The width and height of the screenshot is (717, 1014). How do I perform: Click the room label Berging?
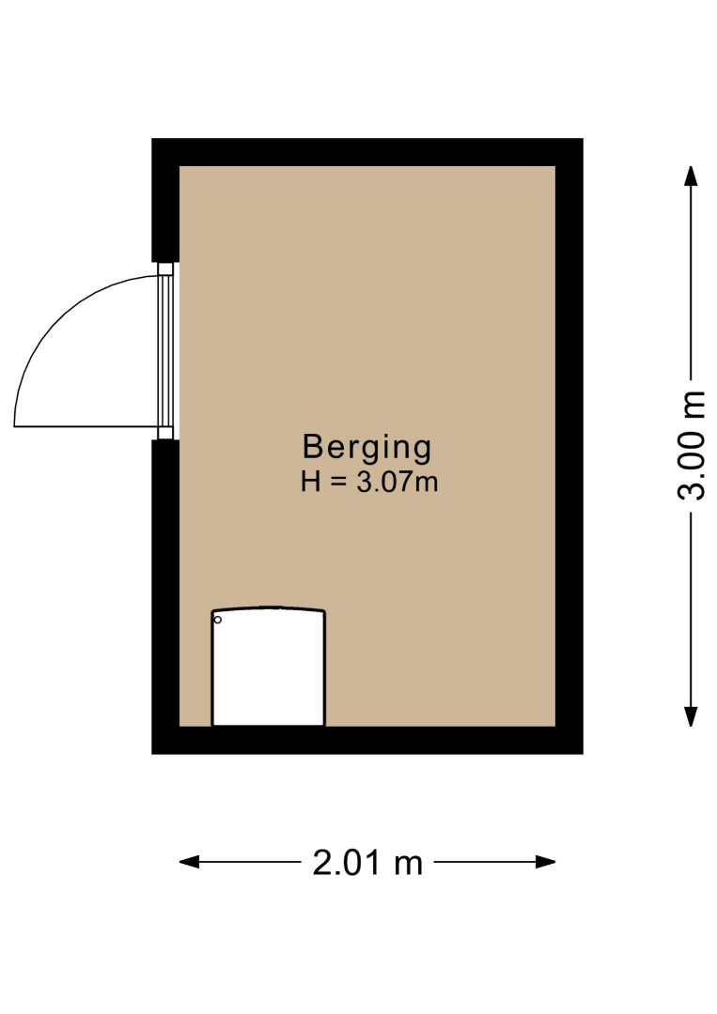pos(366,448)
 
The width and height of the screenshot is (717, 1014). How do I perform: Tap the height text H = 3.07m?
pos(369,482)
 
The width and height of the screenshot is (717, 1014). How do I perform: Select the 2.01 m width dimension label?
pos(367,863)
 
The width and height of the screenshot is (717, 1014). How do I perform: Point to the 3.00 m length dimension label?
pos(691,446)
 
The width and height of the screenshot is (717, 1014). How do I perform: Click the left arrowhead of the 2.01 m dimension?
pos(189,862)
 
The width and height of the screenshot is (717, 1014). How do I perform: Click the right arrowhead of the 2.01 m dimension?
pos(546,862)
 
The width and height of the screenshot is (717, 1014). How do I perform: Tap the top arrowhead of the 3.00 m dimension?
pos(691,176)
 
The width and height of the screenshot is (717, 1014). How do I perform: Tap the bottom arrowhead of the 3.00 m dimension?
pos(691,716)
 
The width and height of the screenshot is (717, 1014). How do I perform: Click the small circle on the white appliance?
pos(217,620)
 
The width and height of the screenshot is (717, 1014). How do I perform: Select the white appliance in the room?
pos(269,667)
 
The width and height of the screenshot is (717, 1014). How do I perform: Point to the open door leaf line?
pos(86,426)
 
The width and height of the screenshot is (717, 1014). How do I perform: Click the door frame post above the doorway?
pos(165,269)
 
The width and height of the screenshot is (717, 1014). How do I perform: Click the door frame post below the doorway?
pos(165,433)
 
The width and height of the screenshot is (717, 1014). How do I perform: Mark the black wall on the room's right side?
pos(569,446)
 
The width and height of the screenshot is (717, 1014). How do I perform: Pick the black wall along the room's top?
pos(367,152)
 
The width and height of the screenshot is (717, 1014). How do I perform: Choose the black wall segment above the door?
pos(165,201)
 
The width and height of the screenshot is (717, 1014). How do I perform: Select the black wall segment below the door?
pos(165,596)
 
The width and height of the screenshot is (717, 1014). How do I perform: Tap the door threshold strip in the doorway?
pos(166,351)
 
